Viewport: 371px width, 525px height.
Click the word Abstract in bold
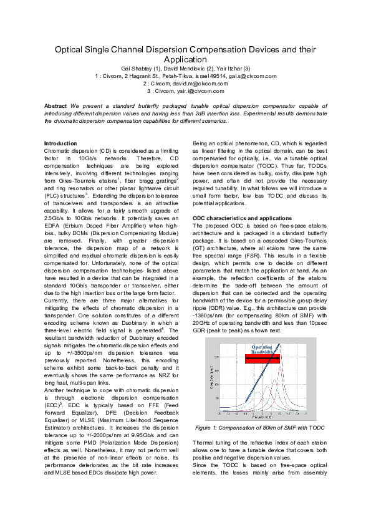pyautogui.click(x=60, y=107)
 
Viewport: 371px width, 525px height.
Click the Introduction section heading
pyautogui.click(x=61, y=143)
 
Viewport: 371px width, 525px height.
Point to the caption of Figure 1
pyautogui.click(x=260, y=428)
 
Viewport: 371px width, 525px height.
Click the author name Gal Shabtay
pyautogui.click(x=137, y=68)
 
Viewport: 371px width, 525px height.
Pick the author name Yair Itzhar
pyautogui.click(x=231, y=68)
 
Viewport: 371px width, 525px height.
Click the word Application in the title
pyautogui.click(x=185, y=59)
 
